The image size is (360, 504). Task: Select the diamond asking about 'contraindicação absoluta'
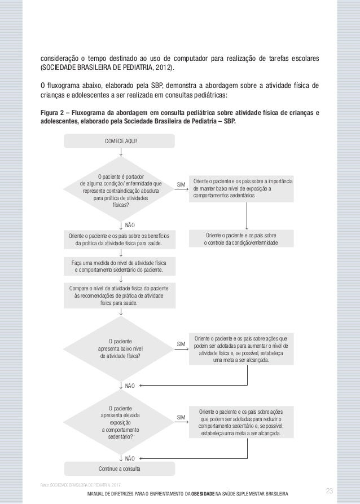121,191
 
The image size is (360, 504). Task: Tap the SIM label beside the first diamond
181,184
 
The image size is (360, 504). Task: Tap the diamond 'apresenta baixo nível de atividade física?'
121,348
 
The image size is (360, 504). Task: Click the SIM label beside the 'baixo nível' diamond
181,343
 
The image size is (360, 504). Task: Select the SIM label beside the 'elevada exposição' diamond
181,417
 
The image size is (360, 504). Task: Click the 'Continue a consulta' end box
119,468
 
